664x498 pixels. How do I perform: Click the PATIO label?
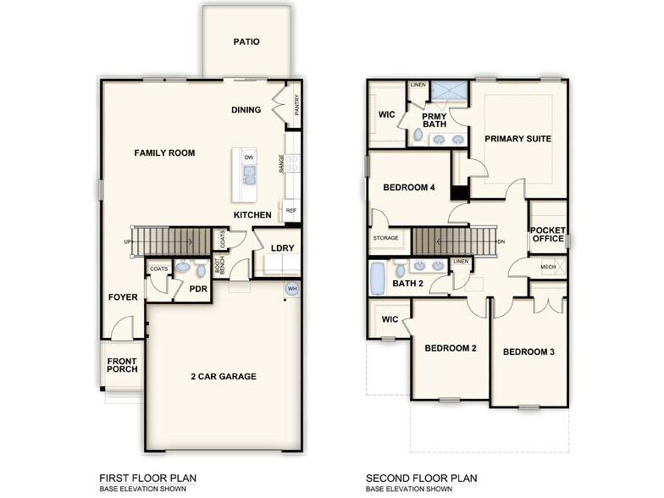pyautogui.click(x=246, y=41)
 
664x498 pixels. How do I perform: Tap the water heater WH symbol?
pyautogui.click(x=292, y=287)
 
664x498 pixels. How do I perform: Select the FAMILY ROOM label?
pyautogui.click(x=164, y=153)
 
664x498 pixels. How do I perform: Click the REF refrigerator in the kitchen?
pyautogui.click(x=290, y=210)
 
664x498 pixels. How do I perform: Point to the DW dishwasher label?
pyautogui.click(x=248, y=158)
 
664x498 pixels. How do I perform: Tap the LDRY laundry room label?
pyautogui.click(x=282, y=248)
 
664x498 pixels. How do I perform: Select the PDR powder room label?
pyautogui.click(x=198, y=289)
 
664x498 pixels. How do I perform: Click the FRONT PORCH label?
pyautogui.click(x=122, y=366)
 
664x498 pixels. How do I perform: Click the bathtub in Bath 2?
pyautogui.click(x=378, y=278)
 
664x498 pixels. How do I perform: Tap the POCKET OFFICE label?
pyautogui.click(x=547, y=234)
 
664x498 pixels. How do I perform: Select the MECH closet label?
pyautogui.click(x=548, y=267)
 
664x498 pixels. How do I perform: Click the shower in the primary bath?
pyautogui.click(x=449, y=89)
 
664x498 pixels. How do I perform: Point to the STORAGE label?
pyautogui.click(x=385, y=239)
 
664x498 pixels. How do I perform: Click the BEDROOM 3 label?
pyautogui.click(x=528, y=351)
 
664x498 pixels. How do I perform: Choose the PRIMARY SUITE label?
pyautogui.click(x=517, y=138)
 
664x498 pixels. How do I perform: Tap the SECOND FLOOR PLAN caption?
pyautogui.click(x=421, y=479)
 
